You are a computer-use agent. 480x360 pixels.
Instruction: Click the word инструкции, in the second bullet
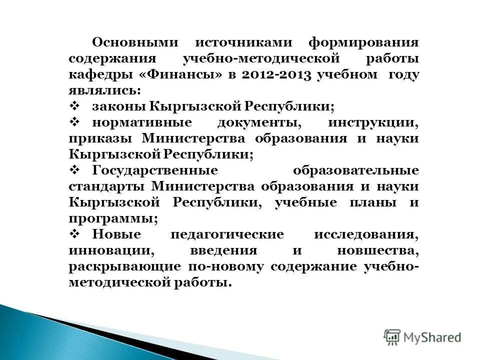tap(373, 123)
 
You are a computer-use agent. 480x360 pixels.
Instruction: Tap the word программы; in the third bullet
tap(113, 218)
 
